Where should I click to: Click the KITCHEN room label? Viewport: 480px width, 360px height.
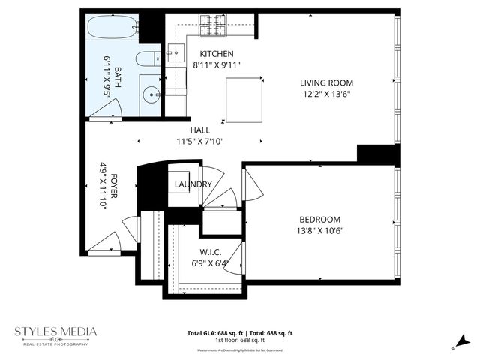click(x=217, y=54)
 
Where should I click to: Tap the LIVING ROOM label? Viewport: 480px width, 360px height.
click(x=326, y=82)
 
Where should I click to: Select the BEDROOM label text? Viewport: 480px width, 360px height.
click(x=320, y=219)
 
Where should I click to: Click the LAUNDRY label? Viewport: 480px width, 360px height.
click(x=191, y=184)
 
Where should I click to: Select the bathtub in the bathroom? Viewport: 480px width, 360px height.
click(x=112, y=29)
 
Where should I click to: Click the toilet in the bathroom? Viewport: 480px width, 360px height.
click(x=148, y=60)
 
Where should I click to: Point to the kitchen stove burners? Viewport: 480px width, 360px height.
click(x=212, y=28)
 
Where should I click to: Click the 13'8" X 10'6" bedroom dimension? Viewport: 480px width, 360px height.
click(x=320, y=230)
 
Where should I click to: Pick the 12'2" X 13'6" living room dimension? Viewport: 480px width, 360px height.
click(x=326, y=94)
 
